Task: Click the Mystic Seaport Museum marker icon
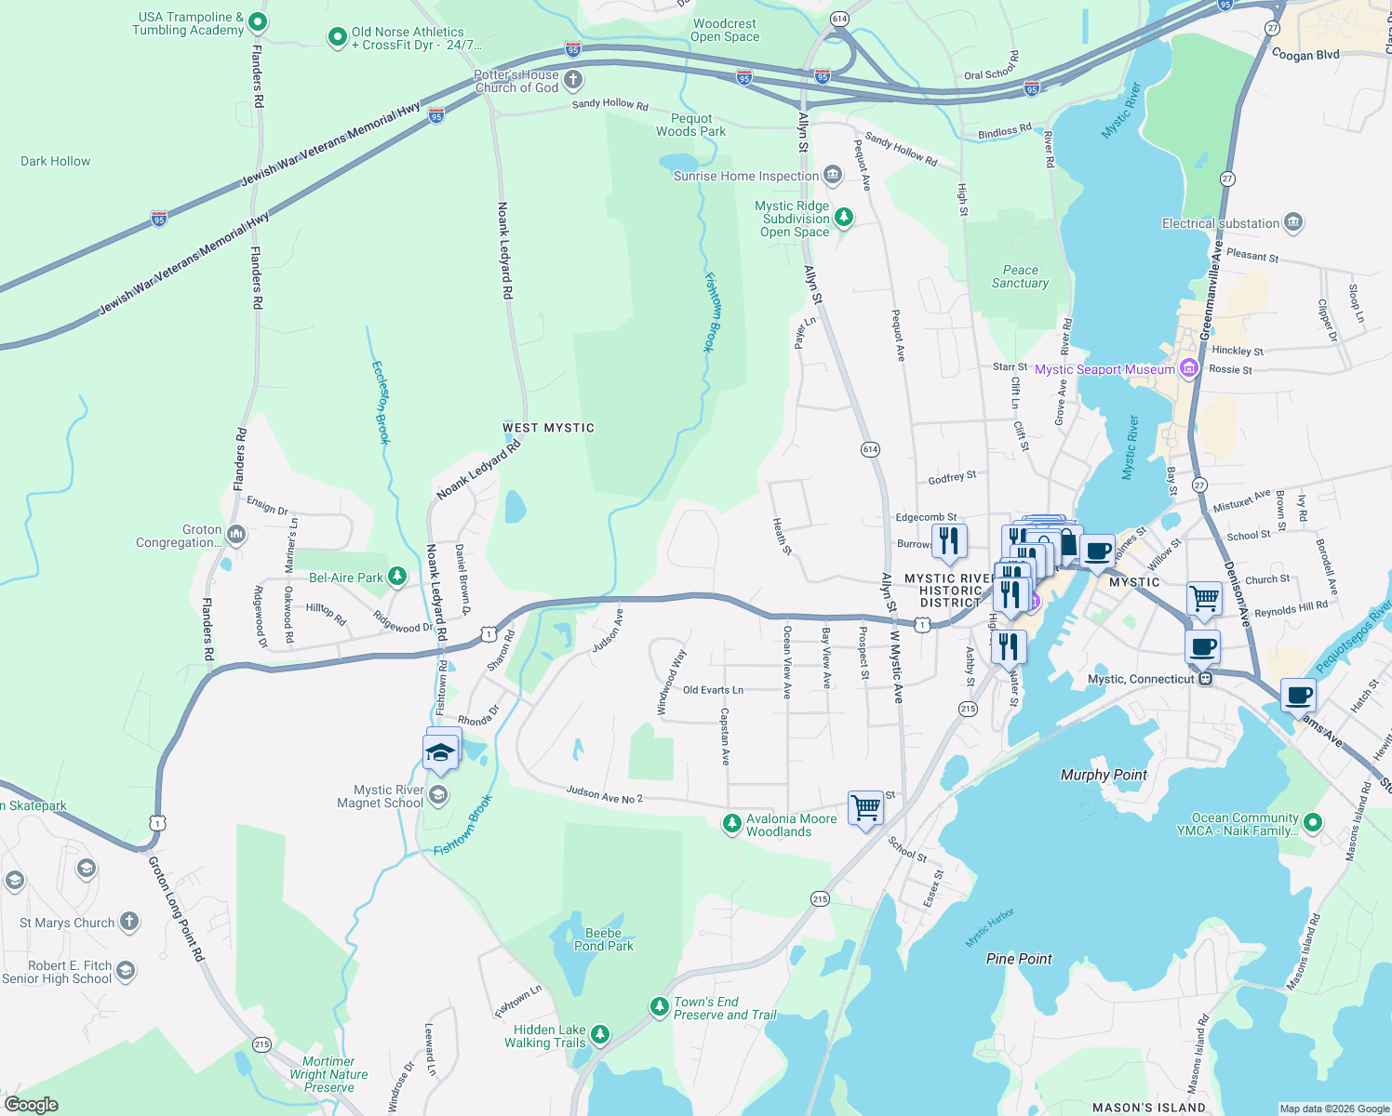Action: pyautogui.click(x=1188, y=369)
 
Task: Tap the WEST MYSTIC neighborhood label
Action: pyautogui.click(x=548, y=428)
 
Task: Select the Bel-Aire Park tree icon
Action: pyautogui.click(x=397, y=578)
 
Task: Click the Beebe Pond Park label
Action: pyautogui.click(x=603, y=939)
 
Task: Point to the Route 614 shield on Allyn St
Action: pyautogui.click(x=870, y=449)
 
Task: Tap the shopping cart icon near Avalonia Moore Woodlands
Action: pyautogui.click(x=865, y=806)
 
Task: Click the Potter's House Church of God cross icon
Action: pyautogui.click(x=573, y=80)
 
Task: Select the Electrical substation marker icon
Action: pyautogui.click(x=1292, y=223)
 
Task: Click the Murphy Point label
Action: pyautogui.click(x=1104, y=775)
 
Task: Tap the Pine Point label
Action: pyautogui.click(x=1019, y=959)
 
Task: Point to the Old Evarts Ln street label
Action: pyautogui.click(x=713, y=690)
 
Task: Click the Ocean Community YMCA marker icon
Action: pyautogui.click(x=1313, y=822)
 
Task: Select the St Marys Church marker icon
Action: pyautogui.click(x=129, y=922)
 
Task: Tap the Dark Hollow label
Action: pyautogui.click(x=56, y=161)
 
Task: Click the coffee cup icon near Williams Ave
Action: pyautogui.click(x=1298, y=694)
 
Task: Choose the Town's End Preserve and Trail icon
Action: pyautogui.click(x=659, y=1006)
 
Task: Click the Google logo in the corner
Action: pyautogui.click(x=31, y=1105)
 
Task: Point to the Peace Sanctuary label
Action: pyautogui.click(x=1020, y=276)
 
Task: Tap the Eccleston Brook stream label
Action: pyautogui.click(x=381, y=402)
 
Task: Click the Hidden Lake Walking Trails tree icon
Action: pyautogui.click(x=600, y=1034)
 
